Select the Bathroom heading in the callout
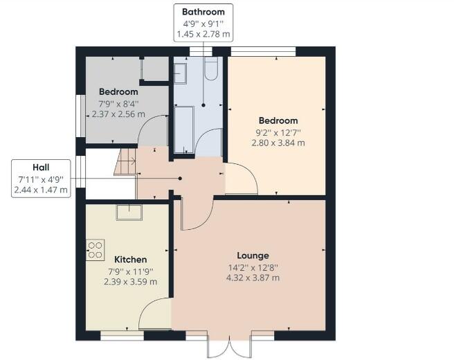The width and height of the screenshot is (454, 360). click(x=203, y=12)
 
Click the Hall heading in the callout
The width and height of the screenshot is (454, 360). click(x=41, y=168)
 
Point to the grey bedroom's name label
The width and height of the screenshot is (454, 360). click(x=118, y=91)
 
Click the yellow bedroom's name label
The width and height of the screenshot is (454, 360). click(x=278, y=120)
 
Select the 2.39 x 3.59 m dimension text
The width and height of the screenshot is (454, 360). click(x=130, y=282)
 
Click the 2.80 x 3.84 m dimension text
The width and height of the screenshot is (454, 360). click(x=278, y=143)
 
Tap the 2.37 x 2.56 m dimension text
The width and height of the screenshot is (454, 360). click(x=118, y=114)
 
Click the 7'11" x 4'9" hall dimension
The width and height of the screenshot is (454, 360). click(x=41, y=179)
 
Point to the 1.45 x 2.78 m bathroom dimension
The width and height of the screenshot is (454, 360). click(x=203, y=34)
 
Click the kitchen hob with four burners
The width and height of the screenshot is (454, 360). click(x=95, y=249)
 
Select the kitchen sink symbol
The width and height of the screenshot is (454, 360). click(x=129, y=213)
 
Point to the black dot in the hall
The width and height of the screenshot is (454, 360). click(x=180, y=178)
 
